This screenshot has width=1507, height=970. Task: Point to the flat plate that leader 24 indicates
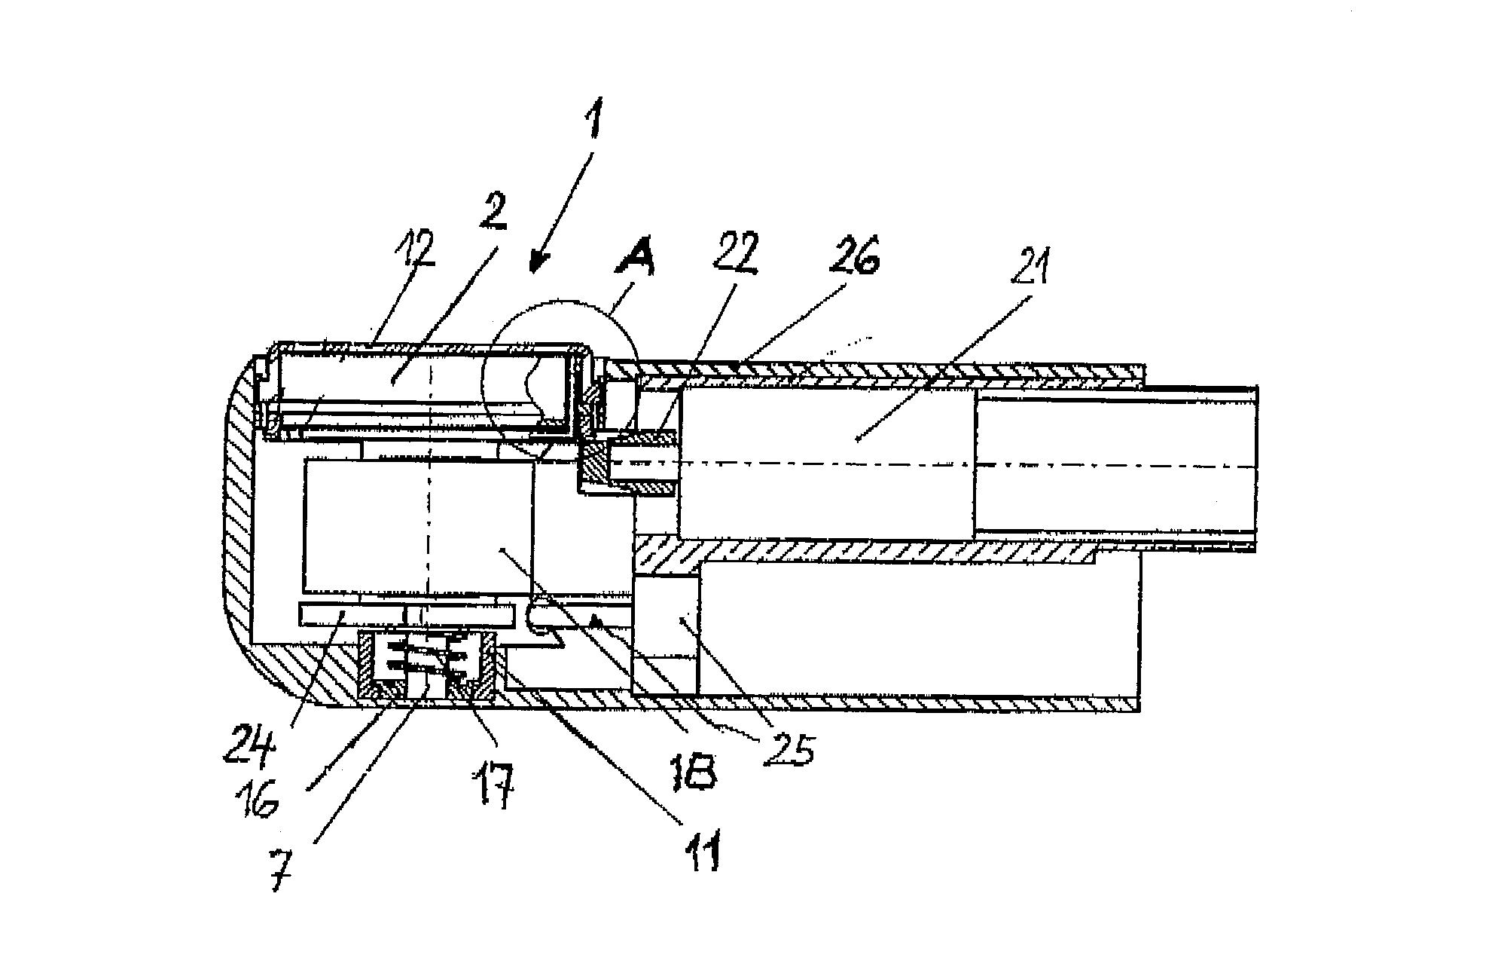pyautogui.click(x=407, y=615)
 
